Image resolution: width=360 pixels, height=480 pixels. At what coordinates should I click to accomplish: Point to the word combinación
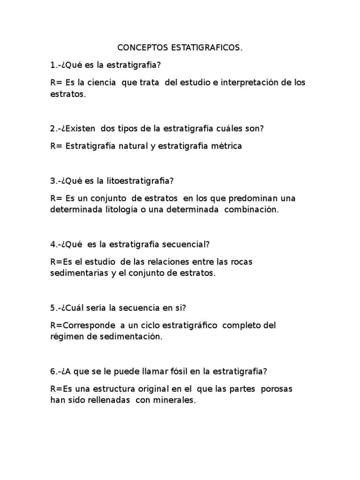pos(251,210)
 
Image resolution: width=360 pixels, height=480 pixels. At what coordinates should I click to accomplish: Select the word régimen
pos(66,336)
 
